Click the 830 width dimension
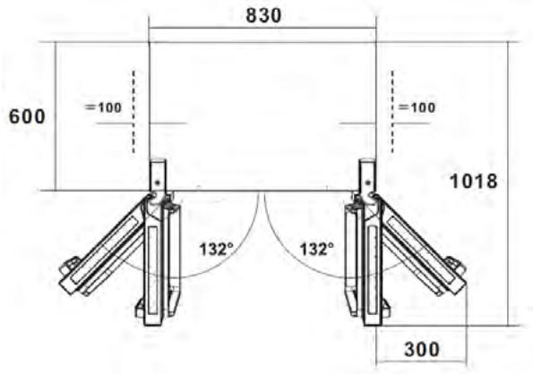pos(263,15)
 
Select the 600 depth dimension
pos(27,116)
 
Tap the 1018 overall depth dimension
pos(474,182)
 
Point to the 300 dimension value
pos(422,349)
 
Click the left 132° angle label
pos(217,249)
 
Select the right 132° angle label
pos(317,249)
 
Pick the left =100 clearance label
pos(103,107)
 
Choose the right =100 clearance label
pos(417,107)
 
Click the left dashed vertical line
pos(133,112)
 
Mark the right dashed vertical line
pos(392,112)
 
